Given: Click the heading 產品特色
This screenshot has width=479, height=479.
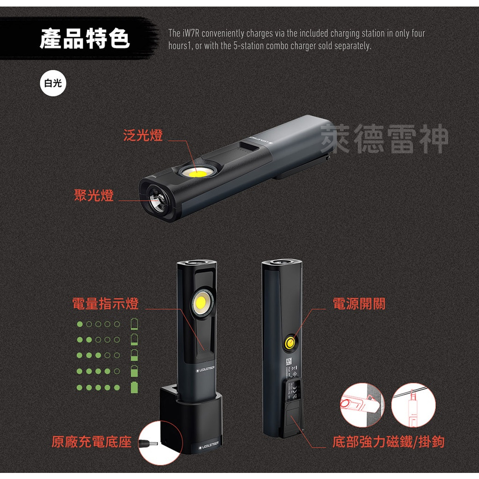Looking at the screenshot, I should point(85,38).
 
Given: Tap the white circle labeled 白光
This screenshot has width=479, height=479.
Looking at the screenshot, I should point(52,84).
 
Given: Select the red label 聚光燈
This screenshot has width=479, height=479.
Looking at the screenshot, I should point(94,195).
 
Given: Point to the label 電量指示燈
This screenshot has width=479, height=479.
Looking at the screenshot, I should point(105,304).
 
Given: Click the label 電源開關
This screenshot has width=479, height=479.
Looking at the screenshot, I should point(359,304).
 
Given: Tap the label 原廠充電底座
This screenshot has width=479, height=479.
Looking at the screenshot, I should point(92,442).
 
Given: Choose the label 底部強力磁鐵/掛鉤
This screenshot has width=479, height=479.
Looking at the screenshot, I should point(388,442).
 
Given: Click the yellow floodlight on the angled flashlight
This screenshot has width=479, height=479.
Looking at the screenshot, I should point(197,173).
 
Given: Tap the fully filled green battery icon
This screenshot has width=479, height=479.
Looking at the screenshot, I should point(134,387).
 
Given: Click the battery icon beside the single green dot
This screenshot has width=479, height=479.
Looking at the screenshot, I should point(134,324).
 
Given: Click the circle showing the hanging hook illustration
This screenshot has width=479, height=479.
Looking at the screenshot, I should point(413,405).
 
